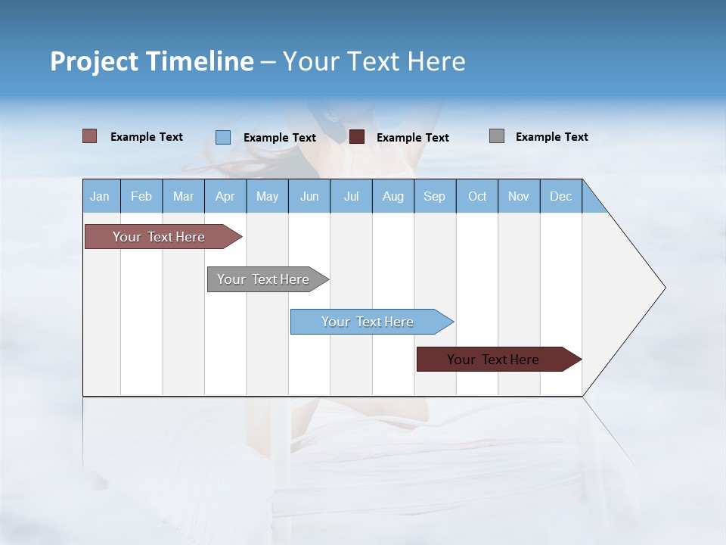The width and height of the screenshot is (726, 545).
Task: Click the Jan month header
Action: coord(101,196)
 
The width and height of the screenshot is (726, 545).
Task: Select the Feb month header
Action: coord(141,196)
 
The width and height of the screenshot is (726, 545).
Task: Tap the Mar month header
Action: coord(183,196)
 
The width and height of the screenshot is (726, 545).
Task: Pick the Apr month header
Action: coord(225,196)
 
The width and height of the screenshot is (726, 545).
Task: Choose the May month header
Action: coord(267,196)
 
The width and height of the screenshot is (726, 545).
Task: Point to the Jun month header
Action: coord(309,196)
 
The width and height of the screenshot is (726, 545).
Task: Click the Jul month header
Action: coord(351,196)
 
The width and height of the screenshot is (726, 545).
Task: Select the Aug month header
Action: coord(393,196)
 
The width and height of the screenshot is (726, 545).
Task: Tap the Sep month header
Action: coord(435,196)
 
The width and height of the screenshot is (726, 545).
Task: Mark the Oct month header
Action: coord(477,196)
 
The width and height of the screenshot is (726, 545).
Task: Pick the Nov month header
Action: coord(519,196)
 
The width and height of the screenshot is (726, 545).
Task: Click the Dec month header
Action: coord(561,196)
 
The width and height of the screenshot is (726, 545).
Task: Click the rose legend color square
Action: coord(90,136)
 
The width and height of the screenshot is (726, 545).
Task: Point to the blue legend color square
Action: coord(223,137)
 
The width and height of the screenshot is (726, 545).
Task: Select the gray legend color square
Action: coord(497,136)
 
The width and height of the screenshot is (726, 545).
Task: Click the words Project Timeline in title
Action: coord(152,61)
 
